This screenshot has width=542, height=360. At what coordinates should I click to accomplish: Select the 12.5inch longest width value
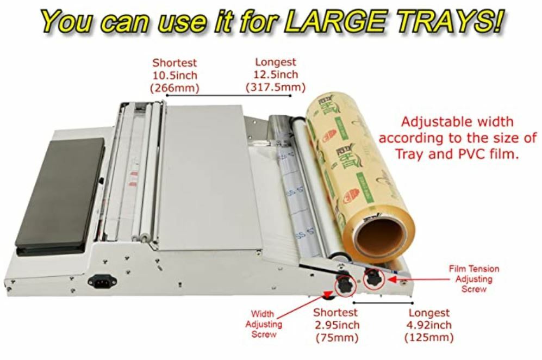point(276,75)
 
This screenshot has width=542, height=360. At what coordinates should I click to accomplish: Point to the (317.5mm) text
point(276,87)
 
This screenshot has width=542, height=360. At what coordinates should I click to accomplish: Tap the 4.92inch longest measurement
point(429,325)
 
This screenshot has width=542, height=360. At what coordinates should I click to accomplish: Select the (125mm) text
point(429,338)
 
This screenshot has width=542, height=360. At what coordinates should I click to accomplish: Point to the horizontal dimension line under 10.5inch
point(228,96)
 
